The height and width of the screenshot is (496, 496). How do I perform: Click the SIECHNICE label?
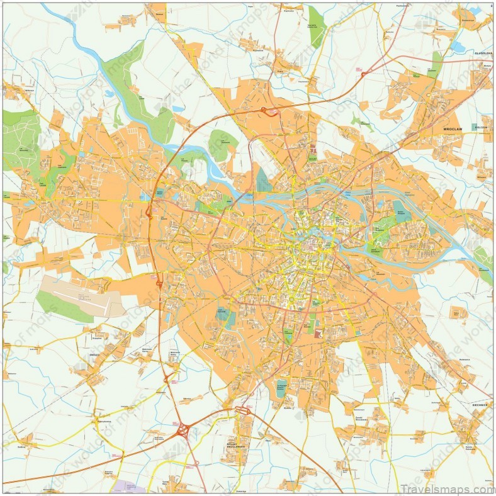click(x=480, y=405)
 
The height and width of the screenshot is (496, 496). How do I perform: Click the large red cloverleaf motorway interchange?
click(x=183, y=430)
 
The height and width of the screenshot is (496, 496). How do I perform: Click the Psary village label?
click(x=280, y=72)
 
